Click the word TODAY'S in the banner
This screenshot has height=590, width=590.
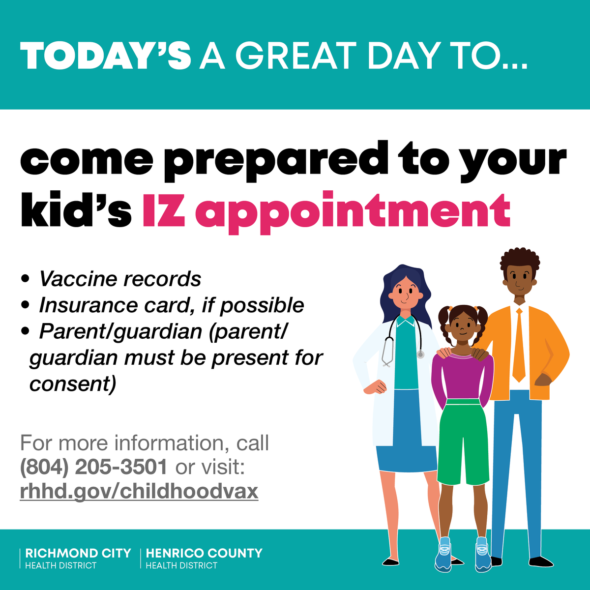[x=105, y=55]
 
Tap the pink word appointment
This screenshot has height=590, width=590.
[x=353, y=212]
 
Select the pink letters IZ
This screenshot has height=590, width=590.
[x=164, y=212]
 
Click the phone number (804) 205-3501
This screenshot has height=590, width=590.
[x=93, y=467]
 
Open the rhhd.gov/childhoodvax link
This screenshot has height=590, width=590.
[x=139, y=491]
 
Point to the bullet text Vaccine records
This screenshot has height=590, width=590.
[x=120, y=279]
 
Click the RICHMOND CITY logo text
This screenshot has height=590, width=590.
[x=78, y=553]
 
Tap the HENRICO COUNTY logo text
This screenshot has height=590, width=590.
[x=204, y=553]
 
